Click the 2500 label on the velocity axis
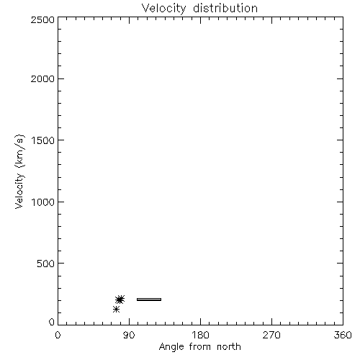pos(42,19)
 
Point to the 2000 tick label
pos(42,78)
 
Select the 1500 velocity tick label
pos(43,140)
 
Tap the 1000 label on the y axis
pos(43,202)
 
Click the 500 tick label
pos(46,264)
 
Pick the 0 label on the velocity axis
pos(52,322)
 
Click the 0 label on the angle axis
pos(58,335)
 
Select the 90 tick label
pos(129,335)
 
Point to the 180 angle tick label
pos(200,335)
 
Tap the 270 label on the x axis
pos(271,335)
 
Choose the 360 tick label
pos(343,335)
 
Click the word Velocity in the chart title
pos(163,9)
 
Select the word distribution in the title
pos(225,8)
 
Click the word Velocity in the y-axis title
pos(19,191)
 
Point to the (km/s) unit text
pos(19,151)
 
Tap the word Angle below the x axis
pos(171,347)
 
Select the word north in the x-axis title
pos(229,346)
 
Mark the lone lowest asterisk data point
pos(116,310)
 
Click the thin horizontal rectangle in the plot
pos(149,300)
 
